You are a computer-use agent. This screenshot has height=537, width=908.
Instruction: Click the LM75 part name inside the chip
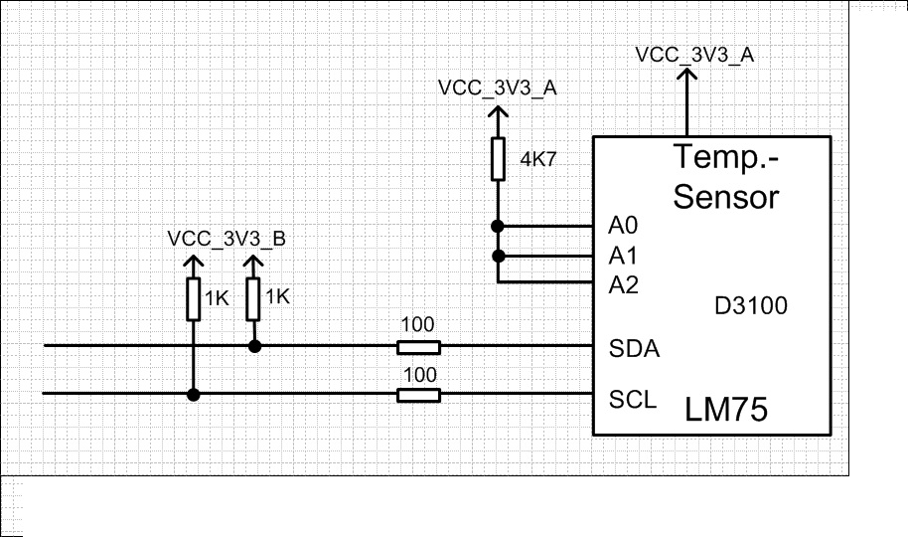pos(726,410)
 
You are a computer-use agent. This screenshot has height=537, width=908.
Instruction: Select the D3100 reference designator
pos(751,305)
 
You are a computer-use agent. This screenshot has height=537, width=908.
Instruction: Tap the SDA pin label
pos(634,350)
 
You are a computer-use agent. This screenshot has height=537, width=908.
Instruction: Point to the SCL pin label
pos(632,400)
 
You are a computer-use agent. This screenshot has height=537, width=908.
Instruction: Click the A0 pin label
pos(623,225)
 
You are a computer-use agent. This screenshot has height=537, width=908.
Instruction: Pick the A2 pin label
pos(623,286)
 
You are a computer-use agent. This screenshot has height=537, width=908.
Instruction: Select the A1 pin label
pos(623,256)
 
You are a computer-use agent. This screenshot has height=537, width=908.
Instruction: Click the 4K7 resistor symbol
pos(498,159)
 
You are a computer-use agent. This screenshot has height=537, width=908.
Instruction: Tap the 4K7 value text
pos(538,157)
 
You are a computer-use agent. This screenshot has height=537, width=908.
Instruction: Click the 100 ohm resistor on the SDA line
pos(418,347)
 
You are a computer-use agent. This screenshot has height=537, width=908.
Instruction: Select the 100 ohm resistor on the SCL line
pos(418,396)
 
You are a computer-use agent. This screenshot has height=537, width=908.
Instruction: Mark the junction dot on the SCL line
pos(194,395)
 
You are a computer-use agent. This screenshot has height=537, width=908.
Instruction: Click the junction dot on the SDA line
pos(254,346)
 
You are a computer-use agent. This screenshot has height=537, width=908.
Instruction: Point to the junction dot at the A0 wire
pos(498,226)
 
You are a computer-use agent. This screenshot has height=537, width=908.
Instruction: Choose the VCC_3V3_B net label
pos(227,239)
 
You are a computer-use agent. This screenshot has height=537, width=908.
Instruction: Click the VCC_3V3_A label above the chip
pos(694,55)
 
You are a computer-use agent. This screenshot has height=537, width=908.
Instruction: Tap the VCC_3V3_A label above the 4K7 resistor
pos(497,88)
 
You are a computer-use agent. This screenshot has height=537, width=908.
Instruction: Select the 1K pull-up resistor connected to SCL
pos(194,299)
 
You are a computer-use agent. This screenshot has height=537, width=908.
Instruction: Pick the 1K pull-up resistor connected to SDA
pos(254,298)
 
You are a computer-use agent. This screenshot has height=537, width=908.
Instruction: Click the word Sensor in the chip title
pos(725,196)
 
